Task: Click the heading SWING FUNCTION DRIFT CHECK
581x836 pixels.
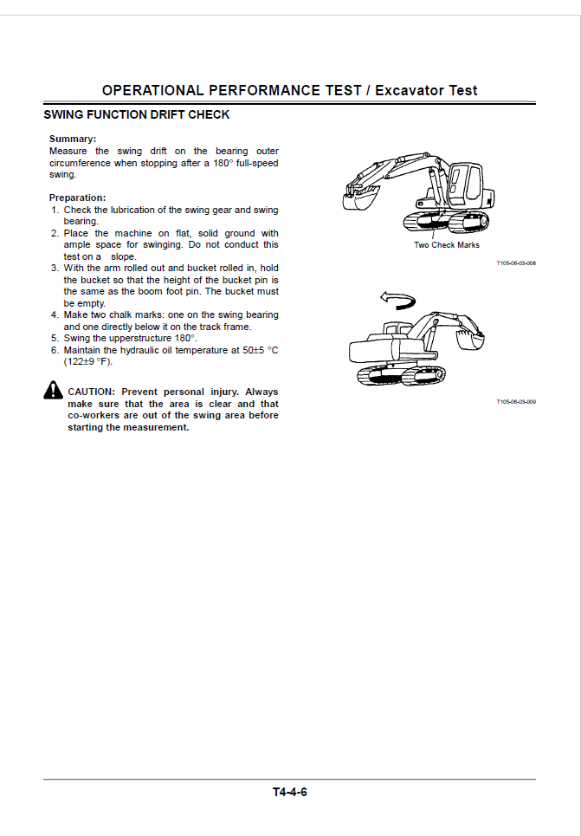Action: point(136,114)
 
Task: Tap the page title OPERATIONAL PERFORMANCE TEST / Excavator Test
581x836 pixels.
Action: point(289,90)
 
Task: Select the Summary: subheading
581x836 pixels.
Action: point(73,139)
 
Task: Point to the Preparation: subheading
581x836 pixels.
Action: point(77,198)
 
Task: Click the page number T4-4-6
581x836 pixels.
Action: point(290,792)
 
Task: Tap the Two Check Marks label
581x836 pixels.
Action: point(446,245)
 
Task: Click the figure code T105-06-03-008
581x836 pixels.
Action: point(516,262)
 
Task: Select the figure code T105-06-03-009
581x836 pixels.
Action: point(516,402)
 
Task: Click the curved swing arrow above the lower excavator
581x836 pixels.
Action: point(397,301)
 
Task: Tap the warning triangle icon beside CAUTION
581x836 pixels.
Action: point(52,392)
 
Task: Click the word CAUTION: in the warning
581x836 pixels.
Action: point(91,392)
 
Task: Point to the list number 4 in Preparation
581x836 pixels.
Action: point(54,315)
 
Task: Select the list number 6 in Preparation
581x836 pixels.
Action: point(54,350)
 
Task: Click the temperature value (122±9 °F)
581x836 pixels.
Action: point(87,362)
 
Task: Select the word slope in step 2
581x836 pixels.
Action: point(124,256)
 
